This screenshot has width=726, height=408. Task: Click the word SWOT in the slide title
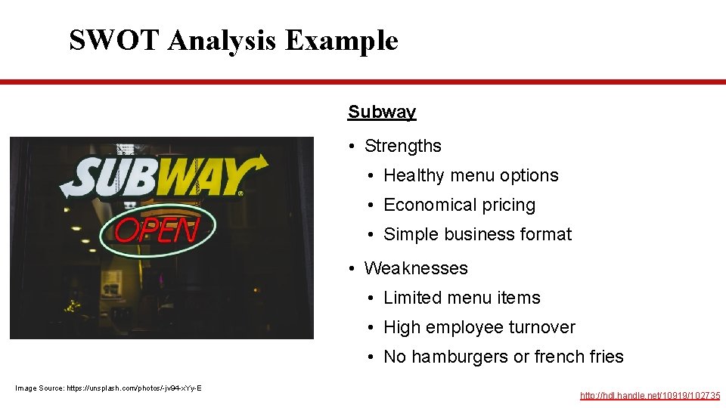click(114, 40)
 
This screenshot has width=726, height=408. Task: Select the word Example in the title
click(341, 40)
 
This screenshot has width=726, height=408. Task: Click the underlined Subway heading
click(382, 112)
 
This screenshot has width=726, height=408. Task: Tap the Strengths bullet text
click(402, 146)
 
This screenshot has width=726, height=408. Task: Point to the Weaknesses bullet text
click(416, 268)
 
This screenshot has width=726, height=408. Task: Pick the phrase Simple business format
click(477, 234)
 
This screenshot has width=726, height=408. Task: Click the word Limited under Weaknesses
click(412, 298)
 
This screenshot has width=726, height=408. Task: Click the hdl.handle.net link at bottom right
click(650, 395)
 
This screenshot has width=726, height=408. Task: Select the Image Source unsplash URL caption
click(108, 388)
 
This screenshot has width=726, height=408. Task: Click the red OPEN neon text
click(157, 229)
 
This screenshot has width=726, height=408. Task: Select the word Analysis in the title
click(225, 40)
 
